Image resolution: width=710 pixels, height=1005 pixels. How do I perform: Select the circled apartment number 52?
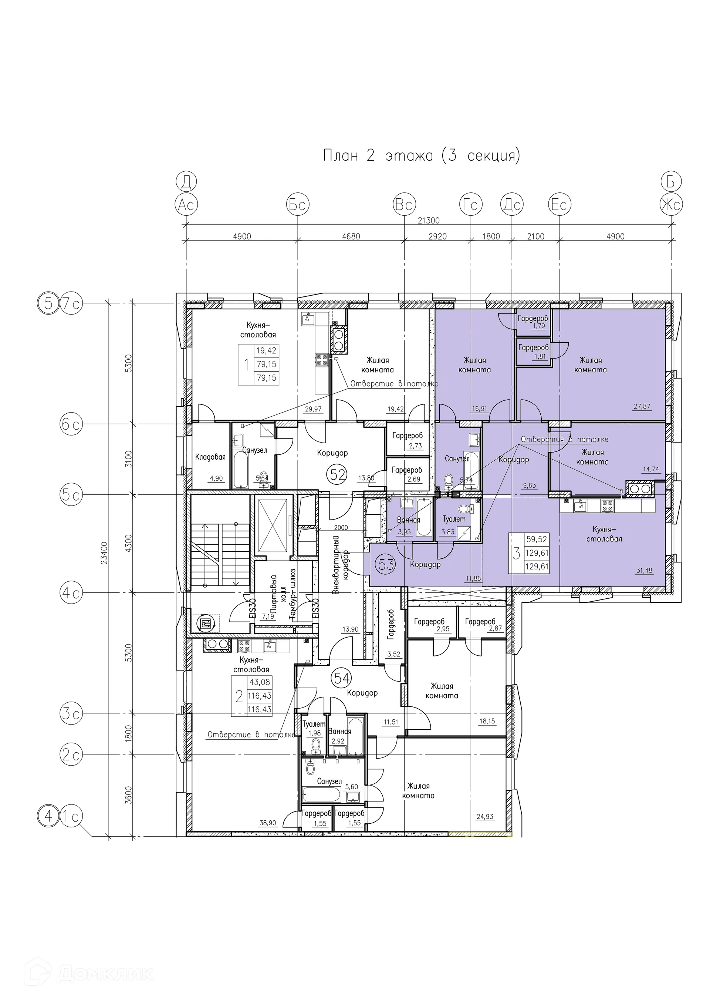click(338, 474)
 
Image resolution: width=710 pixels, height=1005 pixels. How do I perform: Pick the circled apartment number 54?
click(342, 678)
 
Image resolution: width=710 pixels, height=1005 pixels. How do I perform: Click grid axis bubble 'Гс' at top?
click(471, 204)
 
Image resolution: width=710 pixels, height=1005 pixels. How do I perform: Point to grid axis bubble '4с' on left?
click(71, 593)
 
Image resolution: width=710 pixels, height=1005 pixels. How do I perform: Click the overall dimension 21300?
click(428, 221)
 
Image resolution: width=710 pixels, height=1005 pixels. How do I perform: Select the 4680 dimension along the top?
click(351, 237)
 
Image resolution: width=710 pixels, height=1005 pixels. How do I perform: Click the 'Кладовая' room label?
click(210, 457)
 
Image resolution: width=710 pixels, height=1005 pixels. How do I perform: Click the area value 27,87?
click(642, 406)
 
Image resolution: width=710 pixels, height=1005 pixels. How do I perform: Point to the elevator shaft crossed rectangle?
click(272, 526)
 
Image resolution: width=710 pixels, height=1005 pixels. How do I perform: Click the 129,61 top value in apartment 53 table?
click(537, 553)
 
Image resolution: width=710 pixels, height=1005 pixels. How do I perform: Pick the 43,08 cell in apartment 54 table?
click(260, 682)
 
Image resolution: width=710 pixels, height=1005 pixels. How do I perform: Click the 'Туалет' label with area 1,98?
click(314, 725)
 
